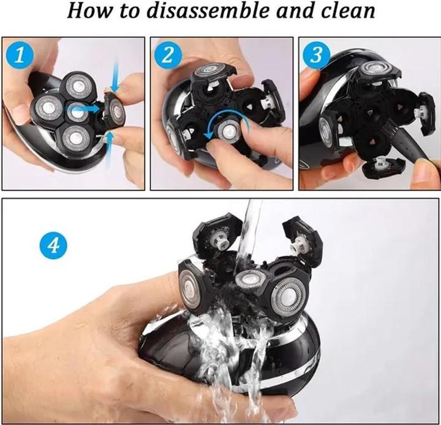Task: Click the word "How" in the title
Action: [90, 11]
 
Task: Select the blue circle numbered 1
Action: [20, 55]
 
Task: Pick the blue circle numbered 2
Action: [168, 55]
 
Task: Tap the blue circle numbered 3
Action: [317, 55]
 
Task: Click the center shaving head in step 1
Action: [75, 111]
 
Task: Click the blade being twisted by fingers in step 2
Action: [227, 130]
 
